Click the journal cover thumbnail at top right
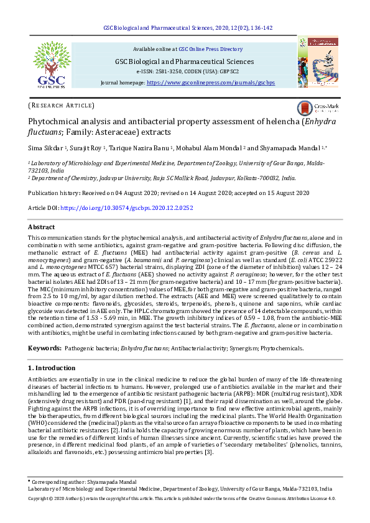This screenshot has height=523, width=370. click(x=318, y=61)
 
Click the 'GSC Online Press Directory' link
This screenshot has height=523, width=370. click(x=210, y=48)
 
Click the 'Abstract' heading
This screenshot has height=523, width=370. click(x=42, y=227)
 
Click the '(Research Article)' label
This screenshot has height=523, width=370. click(x=62, y=106)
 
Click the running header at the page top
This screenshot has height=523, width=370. click(x=187, y=28)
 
